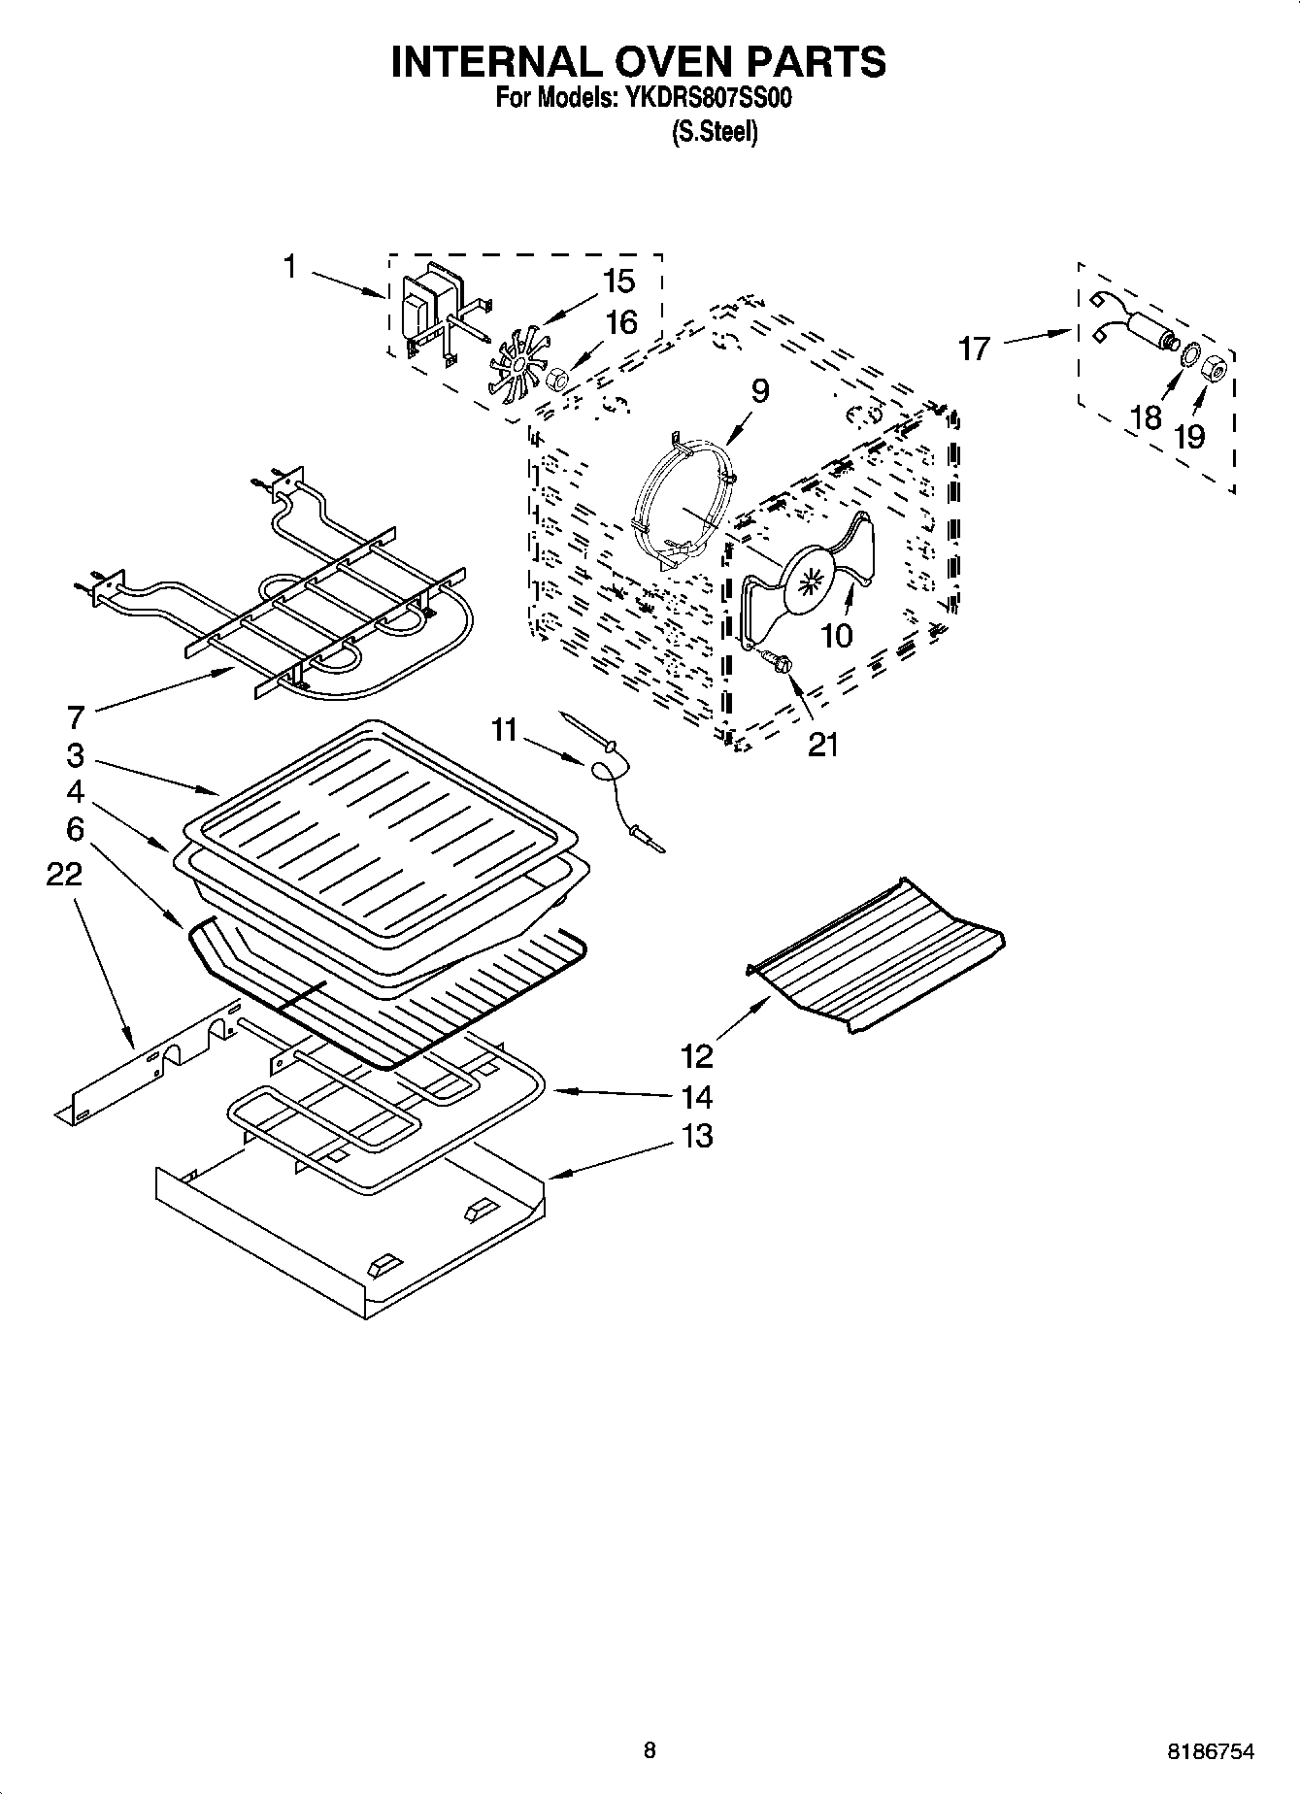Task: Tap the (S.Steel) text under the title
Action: [714, 132]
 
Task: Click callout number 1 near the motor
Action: [290, 266]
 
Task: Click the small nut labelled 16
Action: [558, 380]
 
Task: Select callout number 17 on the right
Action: [973, 348]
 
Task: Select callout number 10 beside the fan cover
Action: [836, 636]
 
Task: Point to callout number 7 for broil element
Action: [76, 718]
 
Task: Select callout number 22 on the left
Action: [64, 876]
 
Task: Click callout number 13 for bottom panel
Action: [696, 1135]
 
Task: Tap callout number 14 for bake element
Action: [696, 1097]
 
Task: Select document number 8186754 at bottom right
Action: [1210, 1752]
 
